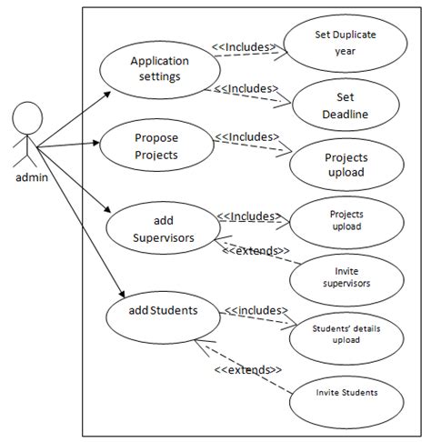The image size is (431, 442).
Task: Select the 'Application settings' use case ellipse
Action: [x=160, y=69]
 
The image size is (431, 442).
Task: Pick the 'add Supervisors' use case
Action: [x=164, y=227]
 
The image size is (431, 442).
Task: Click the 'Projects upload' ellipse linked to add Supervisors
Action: [x=346, y=221]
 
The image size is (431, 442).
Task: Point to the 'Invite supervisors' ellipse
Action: [x=346, y=276]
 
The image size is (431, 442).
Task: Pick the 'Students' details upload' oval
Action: [x=346, y=334]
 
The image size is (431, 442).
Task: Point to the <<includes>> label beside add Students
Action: [x=256, y=309]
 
